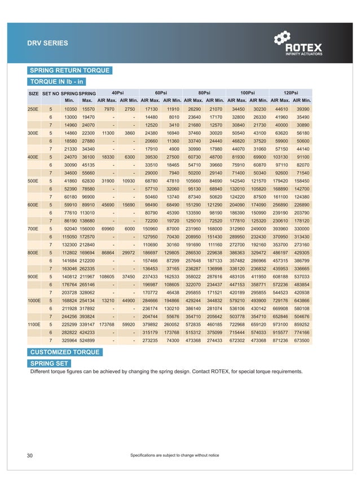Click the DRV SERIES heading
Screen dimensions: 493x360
(48, 43)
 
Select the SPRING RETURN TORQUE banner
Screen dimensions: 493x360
(69, 71)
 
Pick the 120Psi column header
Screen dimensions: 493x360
(291, 92)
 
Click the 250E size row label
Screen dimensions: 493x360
(33, 108)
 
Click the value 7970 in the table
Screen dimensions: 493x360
(109, 108)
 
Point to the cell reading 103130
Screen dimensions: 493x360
(280, 156)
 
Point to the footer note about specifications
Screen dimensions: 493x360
(174, 455)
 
